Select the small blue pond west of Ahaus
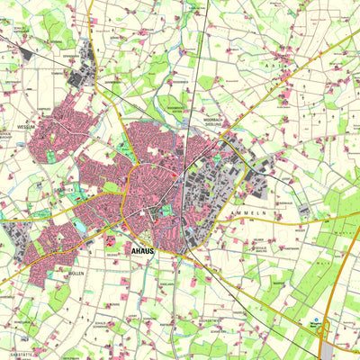click(x=82, y=225)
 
